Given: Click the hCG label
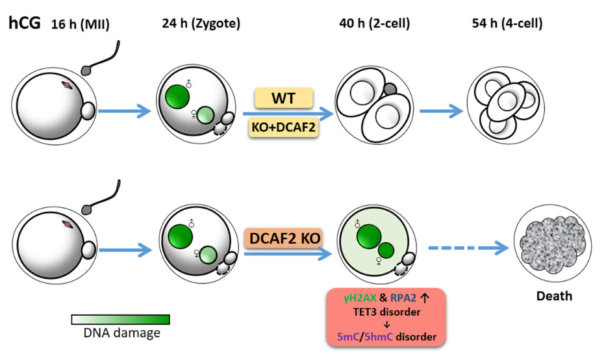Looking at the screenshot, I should [24, 23].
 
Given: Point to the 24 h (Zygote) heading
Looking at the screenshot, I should [201, 24].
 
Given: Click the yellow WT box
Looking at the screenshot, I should [283, 99].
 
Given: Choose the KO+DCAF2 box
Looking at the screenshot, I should [283, 128].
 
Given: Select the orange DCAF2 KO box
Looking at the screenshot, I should [283, 238].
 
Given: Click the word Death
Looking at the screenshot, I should [553, 296].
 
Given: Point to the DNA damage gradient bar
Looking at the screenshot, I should [120, 319].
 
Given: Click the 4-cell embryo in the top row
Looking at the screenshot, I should [503, 103].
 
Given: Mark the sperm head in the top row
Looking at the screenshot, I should [86, 70].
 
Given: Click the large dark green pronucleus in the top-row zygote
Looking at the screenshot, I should [177, 97].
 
